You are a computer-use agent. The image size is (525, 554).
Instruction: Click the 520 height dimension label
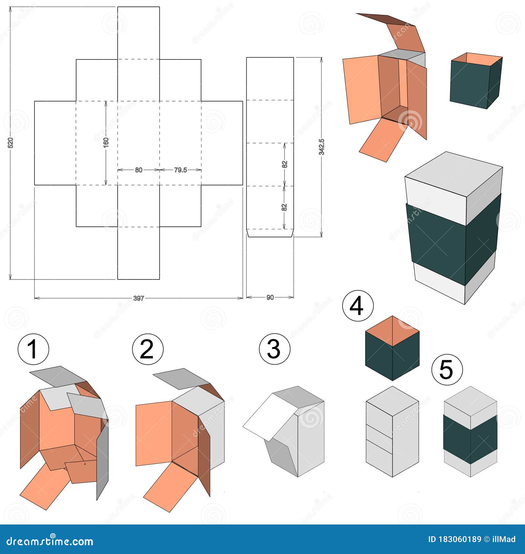pyautogui.click(x=10, y=143)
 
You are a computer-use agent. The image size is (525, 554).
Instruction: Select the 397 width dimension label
pyautogui.click(x=138, y=298)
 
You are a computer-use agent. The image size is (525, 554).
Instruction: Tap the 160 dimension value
pyautogui.click(x=106, y=142)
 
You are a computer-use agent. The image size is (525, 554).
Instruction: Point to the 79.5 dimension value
pyautogui.click(x=180, y=170)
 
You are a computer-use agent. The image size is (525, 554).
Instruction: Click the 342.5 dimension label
pyautogui.click(x=322, y=147)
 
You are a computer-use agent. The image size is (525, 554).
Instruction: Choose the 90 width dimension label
pyautogui.click(x=270, y=298)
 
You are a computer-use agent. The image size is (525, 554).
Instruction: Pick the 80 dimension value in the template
pyautogui.click(x=138, y=170)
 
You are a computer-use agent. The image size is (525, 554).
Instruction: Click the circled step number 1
pyautogui.click(x=33, y=349)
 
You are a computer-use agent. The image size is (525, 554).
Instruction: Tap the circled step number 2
pyautogui.click(x=147, y=349)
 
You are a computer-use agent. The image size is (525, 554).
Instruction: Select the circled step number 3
pyautogui.click(x=274, y=349)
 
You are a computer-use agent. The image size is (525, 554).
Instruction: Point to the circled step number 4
pyautogui.click(x=358, y=306)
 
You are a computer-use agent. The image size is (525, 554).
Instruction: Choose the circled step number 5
pyautogui.click(x=447, y=370)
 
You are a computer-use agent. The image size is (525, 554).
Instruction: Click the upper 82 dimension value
pyautogui.click(x=285, y=164)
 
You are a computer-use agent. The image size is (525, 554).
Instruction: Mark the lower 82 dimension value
pyautogui.click(x=284, y=207)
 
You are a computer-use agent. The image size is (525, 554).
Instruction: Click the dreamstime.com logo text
pyautogui.click(x=50, y=540)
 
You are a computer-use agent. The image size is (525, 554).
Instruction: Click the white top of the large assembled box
pyautogui.click(x=454, y=174)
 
